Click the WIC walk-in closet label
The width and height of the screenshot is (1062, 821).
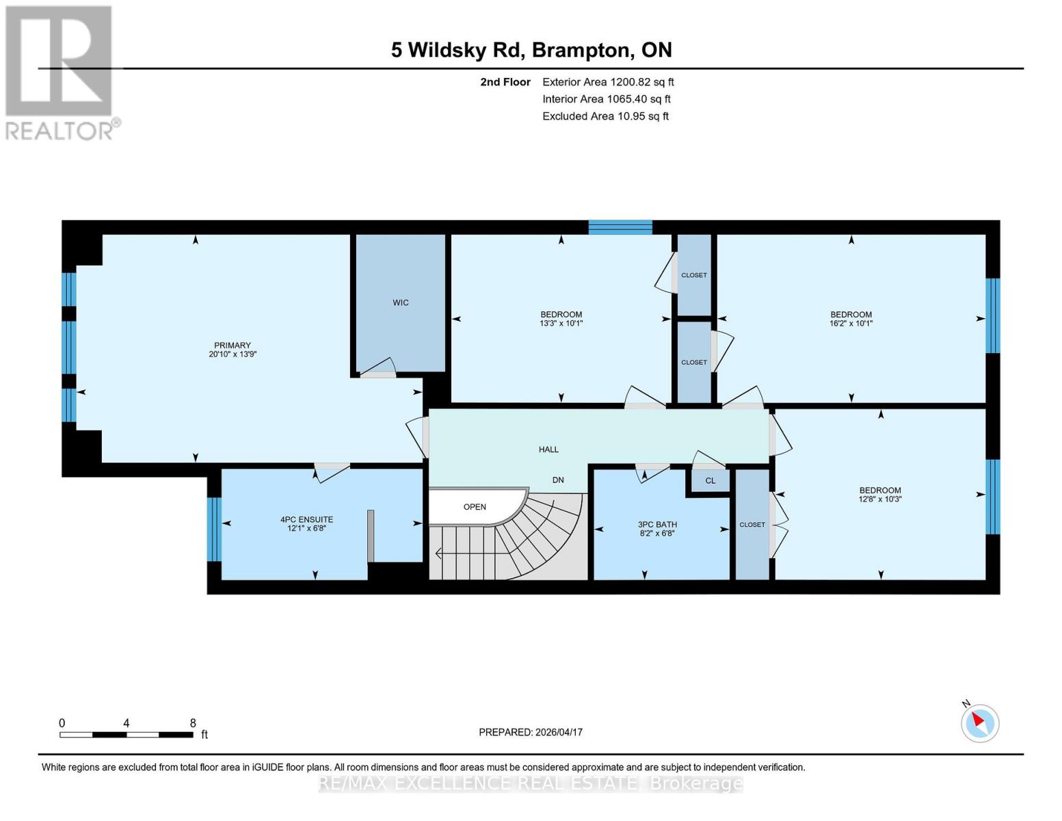401,302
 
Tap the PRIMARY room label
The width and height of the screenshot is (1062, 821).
233,346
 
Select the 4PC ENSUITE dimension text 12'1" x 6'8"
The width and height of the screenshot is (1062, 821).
306,528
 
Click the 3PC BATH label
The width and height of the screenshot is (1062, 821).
657,525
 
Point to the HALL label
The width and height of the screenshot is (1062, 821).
548,449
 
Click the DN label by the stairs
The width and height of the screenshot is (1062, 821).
558,480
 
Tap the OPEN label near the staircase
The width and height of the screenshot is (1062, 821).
475,507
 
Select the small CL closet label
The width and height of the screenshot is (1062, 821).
711,481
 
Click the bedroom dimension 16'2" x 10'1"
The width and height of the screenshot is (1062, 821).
851,324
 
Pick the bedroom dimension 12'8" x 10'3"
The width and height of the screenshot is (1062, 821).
880,499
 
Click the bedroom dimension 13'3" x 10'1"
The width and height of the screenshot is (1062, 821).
561,324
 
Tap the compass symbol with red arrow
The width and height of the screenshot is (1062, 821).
980,722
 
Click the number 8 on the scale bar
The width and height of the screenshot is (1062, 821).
193,723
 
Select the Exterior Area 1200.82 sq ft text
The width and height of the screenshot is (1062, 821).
608,82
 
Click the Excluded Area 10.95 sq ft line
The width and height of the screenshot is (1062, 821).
605,116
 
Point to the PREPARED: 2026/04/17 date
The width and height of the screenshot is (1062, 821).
531,732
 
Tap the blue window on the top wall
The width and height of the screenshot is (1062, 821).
620,227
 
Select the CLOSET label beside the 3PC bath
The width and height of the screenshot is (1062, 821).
752,525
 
